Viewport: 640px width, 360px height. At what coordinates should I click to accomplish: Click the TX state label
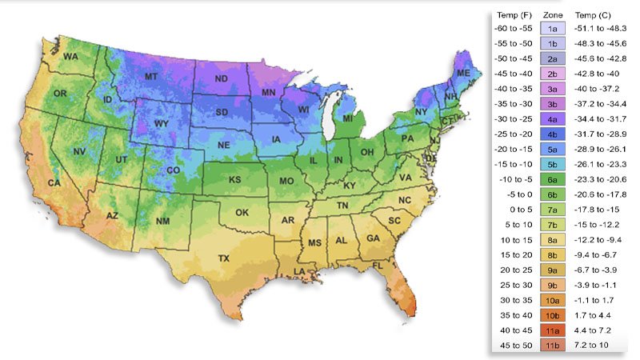pyautogui.click(x=224, y=258)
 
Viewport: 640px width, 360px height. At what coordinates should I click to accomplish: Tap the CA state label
pyautogui.click(x=54, y=183)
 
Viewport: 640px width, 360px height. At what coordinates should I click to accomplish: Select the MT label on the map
pyautogui.click(x=150, y=76)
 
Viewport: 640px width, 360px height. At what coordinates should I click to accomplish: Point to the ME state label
pyautogui.click(x=463, y=72)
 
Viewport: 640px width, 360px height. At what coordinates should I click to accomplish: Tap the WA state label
pyautogui.click(x=71, y=57)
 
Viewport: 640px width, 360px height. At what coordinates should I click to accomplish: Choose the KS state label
pyautogui.click(x=235, y=180)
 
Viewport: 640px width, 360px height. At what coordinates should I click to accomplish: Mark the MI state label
pyautogui.click(x=348, y=119)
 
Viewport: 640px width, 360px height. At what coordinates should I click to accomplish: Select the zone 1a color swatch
pyautogui.click(x=552, y=28)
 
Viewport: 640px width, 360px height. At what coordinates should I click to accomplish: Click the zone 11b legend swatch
pyautogui.click(x=552, y=345)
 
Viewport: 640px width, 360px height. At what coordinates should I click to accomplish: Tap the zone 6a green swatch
pyautogui.click(x=552, y=178)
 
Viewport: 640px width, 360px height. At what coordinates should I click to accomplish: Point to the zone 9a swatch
pyautogui.click(x=552, y=270)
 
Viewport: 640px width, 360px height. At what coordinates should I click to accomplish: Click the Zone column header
pyautogui.click(x=552, y=14)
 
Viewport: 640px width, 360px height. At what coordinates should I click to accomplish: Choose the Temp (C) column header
pyautogui.click(x=592, y=14)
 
